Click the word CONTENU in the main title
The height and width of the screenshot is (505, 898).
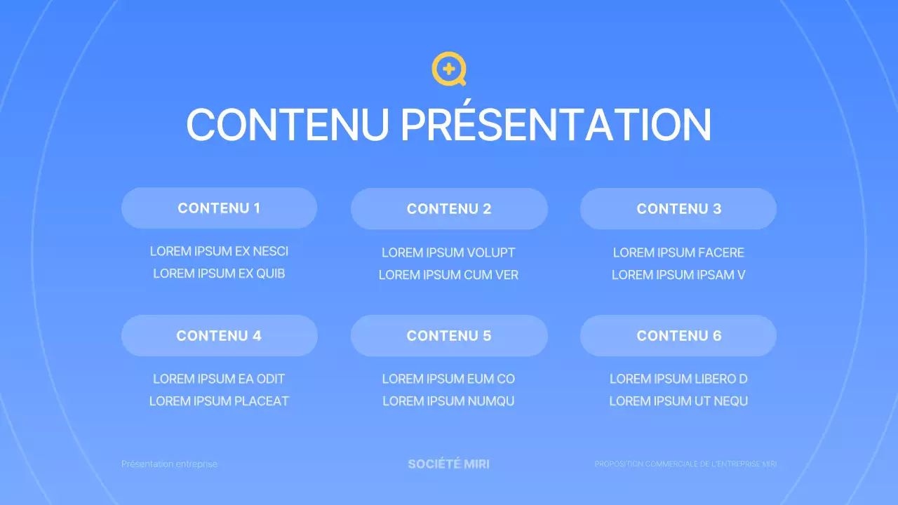click(288, 125)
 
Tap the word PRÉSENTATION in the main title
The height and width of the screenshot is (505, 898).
click(556, 125)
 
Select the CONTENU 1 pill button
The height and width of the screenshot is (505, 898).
click(219, 208)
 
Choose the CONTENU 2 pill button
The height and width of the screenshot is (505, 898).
click(449, 209)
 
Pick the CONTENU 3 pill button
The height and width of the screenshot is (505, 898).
click(678, 209)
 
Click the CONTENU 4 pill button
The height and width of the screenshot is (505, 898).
click(219, 336)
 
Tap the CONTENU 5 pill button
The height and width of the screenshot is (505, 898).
click(449, 336)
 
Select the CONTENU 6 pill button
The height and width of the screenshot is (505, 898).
click(678, 336)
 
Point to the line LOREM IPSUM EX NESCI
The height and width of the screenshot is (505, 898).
click(219, 252)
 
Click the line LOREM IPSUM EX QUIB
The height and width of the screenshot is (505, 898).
click(219, 274)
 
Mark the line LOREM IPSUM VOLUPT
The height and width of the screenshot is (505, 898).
click(448, 252)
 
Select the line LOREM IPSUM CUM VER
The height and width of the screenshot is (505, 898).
click(448, 275)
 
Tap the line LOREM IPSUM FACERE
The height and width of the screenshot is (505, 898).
click(678, 252)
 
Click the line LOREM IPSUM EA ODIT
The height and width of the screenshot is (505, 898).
click(219, 379)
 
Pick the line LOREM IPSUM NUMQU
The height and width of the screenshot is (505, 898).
click(448, 401)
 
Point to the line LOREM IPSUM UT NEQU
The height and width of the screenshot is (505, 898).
click(678, 401)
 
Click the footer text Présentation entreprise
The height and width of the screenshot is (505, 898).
click(169, 464)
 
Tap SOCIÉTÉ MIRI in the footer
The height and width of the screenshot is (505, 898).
click(448, 464)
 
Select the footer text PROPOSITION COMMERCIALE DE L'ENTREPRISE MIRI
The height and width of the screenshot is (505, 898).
click(685, 464)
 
